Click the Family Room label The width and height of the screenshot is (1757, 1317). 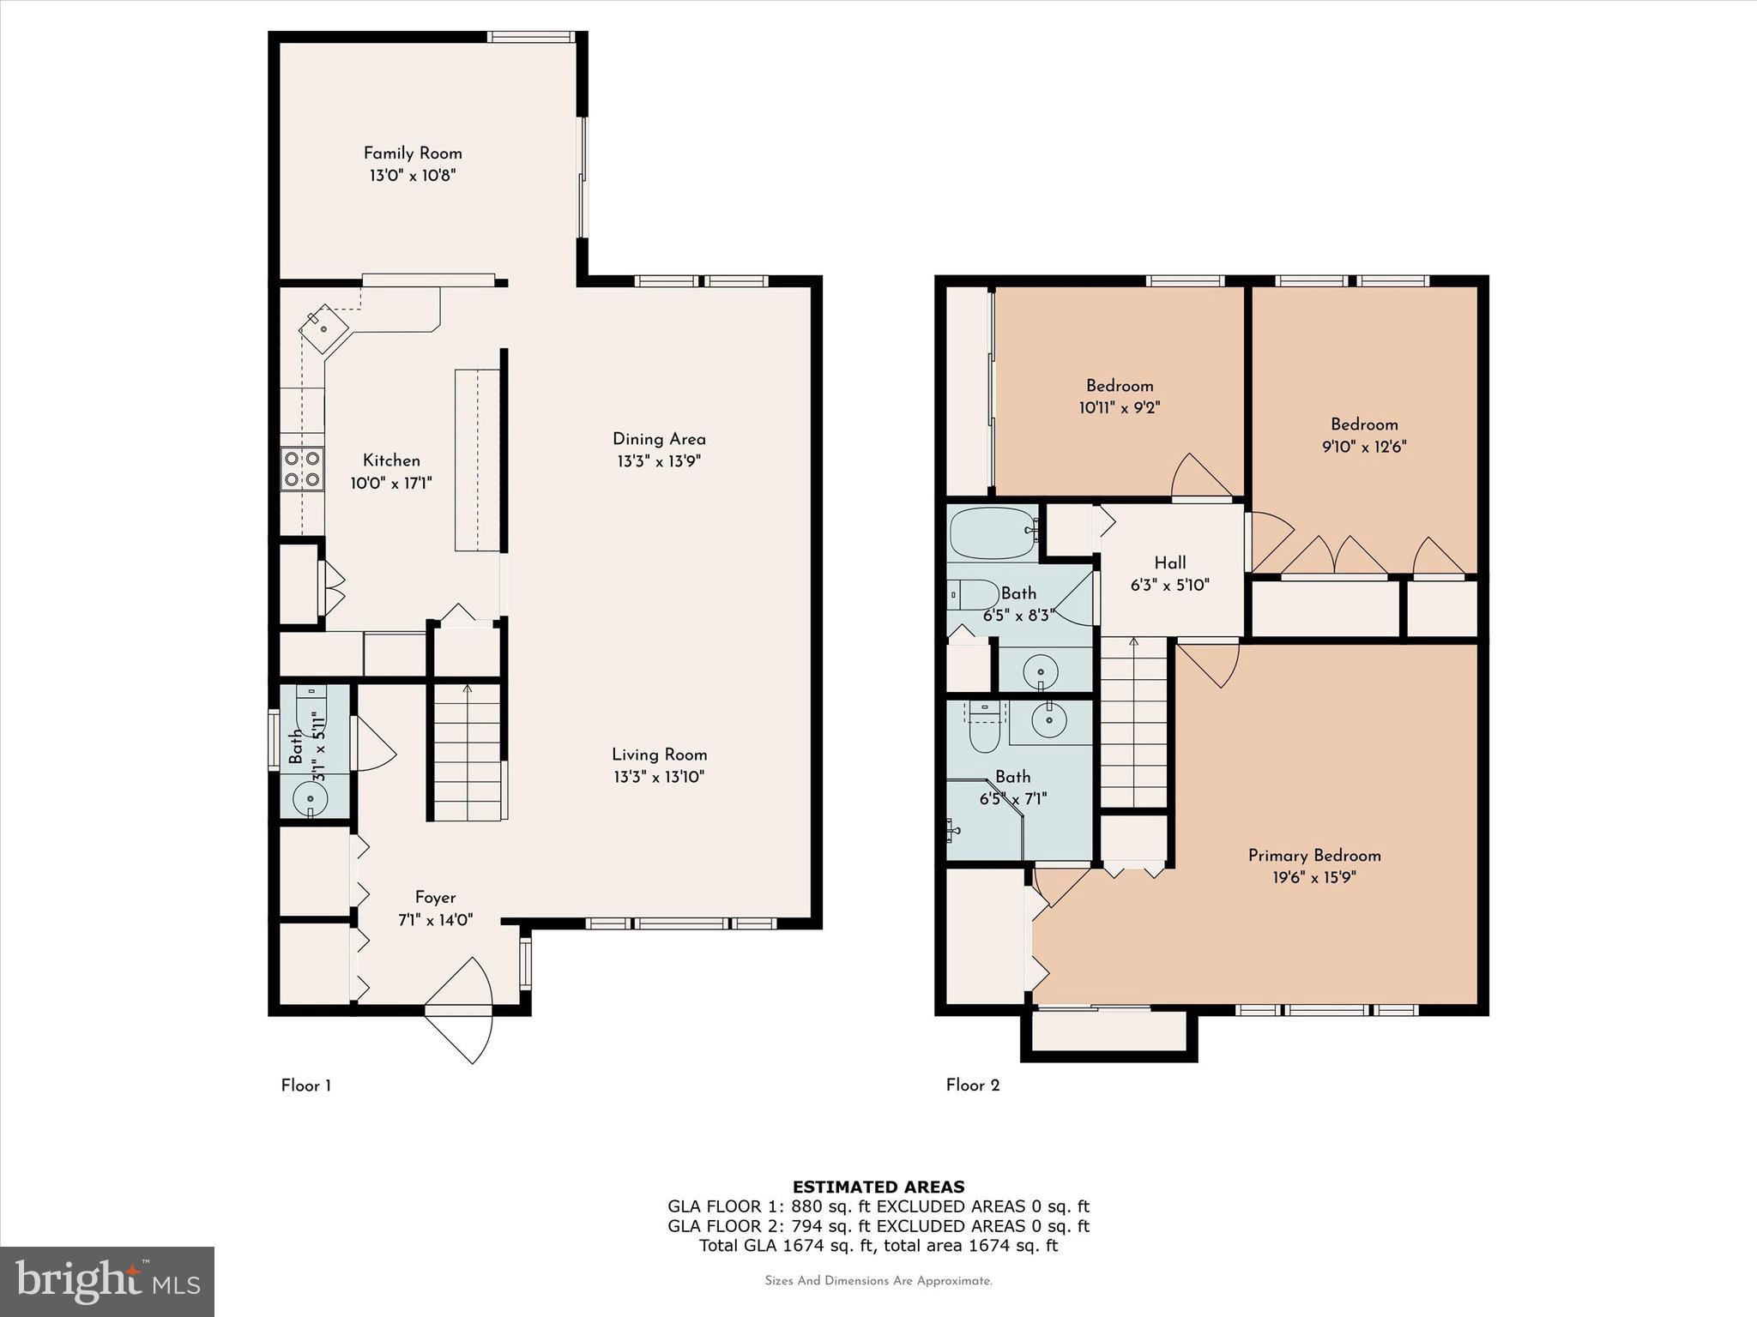(x=413, y=153)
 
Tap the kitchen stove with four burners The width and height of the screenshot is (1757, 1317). (x=302, y=469)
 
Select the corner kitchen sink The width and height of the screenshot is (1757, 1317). (x=324, y=328)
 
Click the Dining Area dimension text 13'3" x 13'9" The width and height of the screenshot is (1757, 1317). (x=659, y=461)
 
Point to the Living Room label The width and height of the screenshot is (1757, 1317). (x=659, y=755)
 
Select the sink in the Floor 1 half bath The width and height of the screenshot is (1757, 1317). (x=310, y=799)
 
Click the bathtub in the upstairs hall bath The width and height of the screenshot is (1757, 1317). (x=993, y=532)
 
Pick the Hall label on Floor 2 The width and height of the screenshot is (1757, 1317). (x=1169, y=562)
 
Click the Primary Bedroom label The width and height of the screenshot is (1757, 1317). (x=1313, y=855)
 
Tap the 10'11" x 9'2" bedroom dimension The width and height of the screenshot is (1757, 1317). (x=1119, y=408)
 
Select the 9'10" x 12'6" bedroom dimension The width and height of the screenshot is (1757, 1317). (x=1363, y=447)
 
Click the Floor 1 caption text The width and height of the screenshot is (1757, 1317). (x=305, y=1085)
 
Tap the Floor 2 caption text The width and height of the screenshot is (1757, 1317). (x=972, y=1085)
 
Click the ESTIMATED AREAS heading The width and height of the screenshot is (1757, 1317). (x=878, y=1187)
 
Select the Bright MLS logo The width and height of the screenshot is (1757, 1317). (x=107, y=1281)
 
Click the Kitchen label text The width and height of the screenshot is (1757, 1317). (x=391, y=460)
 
